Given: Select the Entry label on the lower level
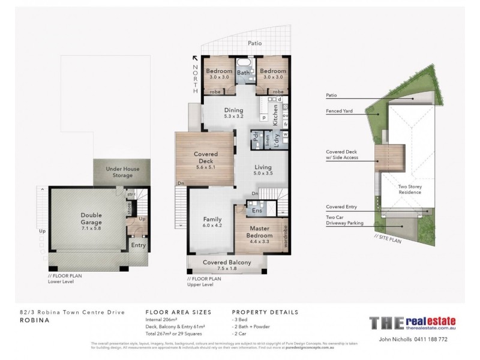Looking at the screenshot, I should [138, 245].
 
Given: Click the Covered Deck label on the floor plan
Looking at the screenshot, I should [205, 157].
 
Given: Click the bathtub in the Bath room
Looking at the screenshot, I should [244, 64].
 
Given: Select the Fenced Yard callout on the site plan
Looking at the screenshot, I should [339, 111].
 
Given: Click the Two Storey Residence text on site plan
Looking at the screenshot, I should [412, 190].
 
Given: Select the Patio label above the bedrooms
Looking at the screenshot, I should [256, 43].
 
